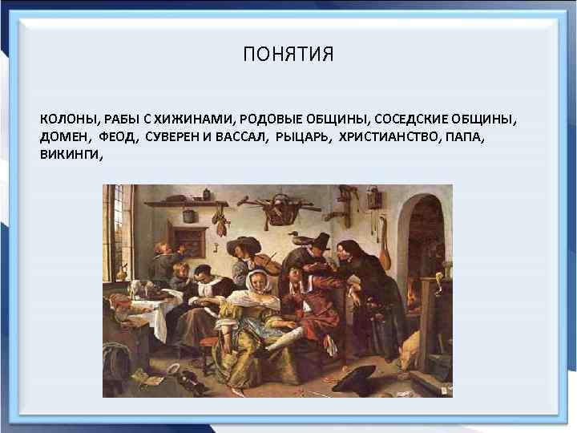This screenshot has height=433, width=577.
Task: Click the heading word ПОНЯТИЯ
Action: coord(288,55)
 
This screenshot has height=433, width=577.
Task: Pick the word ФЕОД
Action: coord(119,137)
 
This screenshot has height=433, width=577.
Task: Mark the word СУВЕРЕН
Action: coord(173,137)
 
